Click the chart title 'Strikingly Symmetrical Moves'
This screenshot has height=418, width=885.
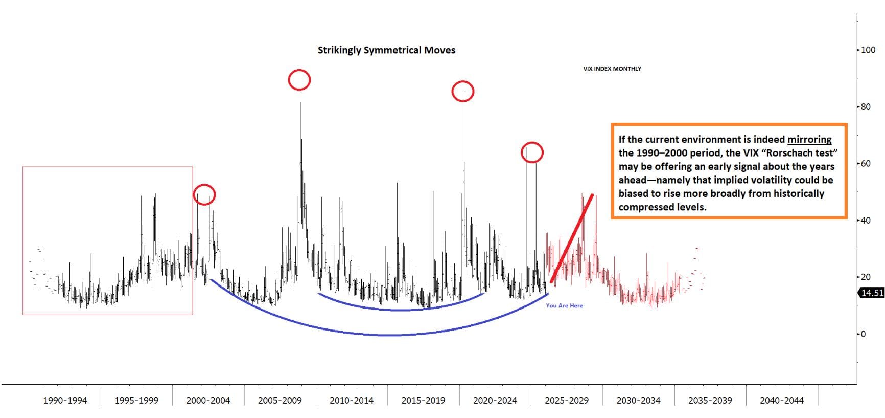(x=386, y=50)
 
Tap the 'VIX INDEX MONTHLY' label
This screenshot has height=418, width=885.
(x=612, y=69)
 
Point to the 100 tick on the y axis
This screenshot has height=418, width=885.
(x=868, y=50)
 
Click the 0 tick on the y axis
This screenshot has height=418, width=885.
(x=864, y=334)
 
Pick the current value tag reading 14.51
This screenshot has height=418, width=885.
(x=872, y=293)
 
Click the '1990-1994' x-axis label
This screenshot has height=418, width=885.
(x=65, y=401)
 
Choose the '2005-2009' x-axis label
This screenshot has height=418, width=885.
(x=280, y=401)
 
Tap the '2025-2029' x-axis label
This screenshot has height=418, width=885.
(x=566, y=401)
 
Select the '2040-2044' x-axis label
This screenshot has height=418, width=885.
(x=781, y=401)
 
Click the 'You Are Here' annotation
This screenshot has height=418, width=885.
(x=564, y=306)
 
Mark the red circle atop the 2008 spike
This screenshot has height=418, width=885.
(x=299, y=80)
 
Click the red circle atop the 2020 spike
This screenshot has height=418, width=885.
(x=463, y=92)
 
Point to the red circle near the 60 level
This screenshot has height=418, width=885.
(x=532, y=152)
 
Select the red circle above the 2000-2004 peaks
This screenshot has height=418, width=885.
(x=204, y=194)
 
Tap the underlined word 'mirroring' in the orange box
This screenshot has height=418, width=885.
(x=809, y=140)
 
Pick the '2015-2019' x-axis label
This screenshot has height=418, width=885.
(x=423, y=401)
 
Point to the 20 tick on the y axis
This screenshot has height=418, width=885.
(x=866, y=277)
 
